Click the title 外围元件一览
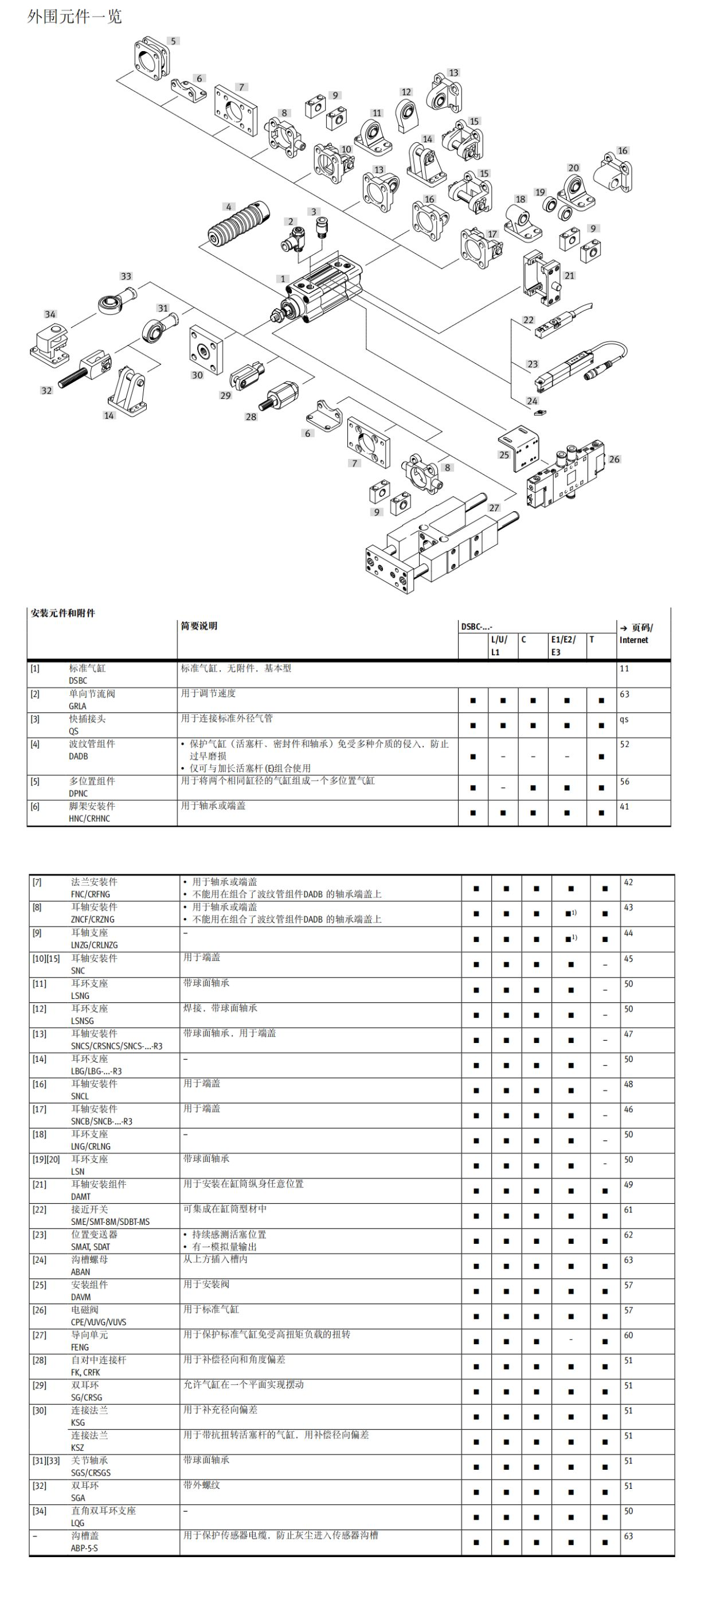tap(75, 17)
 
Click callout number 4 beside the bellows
tap(229, 207)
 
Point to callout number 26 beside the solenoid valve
tap(615, 459)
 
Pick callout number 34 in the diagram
tap(50, 314)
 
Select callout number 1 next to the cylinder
tap(283, 279)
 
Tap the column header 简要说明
tap(199, 626)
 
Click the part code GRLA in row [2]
tap(77, 706)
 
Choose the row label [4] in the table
tap(35, 744)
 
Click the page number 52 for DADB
tap(624, 744)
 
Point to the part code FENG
tap(80, 1347)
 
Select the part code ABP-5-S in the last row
tap(84, 1548)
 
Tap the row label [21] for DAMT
tap(39, 1185)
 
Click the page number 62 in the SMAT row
tap(628, 1235)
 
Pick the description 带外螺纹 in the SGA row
tap(201, 1485)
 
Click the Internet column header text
tap(634, 640)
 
